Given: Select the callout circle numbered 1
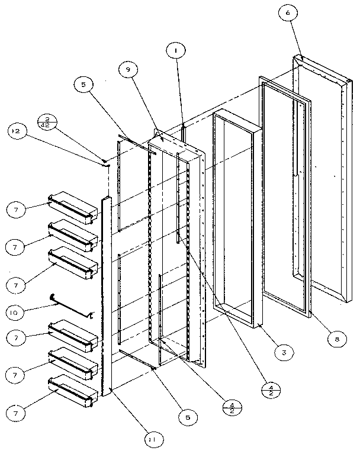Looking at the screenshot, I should [175, 52].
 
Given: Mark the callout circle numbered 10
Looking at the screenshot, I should [17, 310].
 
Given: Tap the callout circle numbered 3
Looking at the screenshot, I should [283, 352].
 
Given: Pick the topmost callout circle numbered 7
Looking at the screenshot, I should [17, 209].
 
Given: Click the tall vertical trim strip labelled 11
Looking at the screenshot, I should [106, 296].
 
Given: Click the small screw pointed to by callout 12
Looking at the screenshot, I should [104, 160].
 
